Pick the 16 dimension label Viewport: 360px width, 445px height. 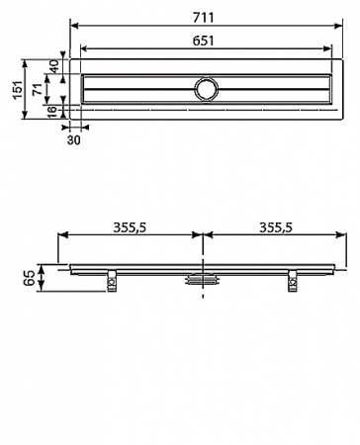(x=53, y=111)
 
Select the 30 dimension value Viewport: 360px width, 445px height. (x=73, y=139)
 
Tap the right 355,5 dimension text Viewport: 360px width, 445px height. (x=275, y=226)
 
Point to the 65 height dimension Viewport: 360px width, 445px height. (x=29, y=274)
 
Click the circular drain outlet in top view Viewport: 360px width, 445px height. (x=204, y=89)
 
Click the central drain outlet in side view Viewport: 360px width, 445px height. (x=203, y=280)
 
